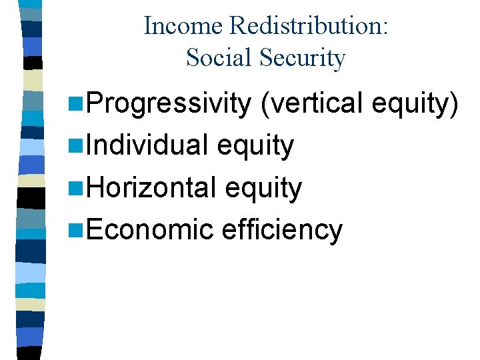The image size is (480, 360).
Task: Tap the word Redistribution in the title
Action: coord(307,26)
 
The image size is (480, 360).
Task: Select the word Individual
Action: coord(150,145)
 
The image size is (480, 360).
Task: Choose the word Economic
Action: coord(148,229)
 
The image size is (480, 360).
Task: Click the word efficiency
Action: coord(281,229)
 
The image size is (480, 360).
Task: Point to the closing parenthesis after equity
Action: coord(455,104)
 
